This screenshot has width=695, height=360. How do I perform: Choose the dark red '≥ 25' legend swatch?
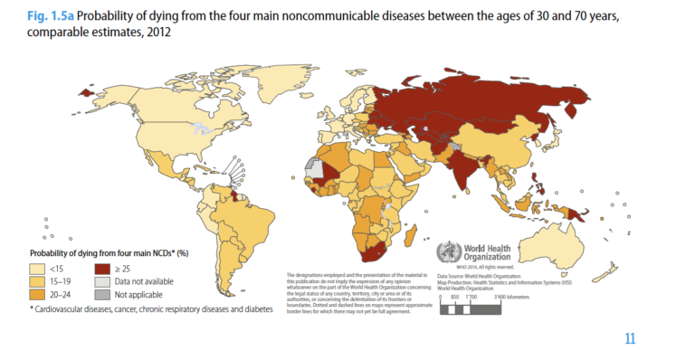104,268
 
